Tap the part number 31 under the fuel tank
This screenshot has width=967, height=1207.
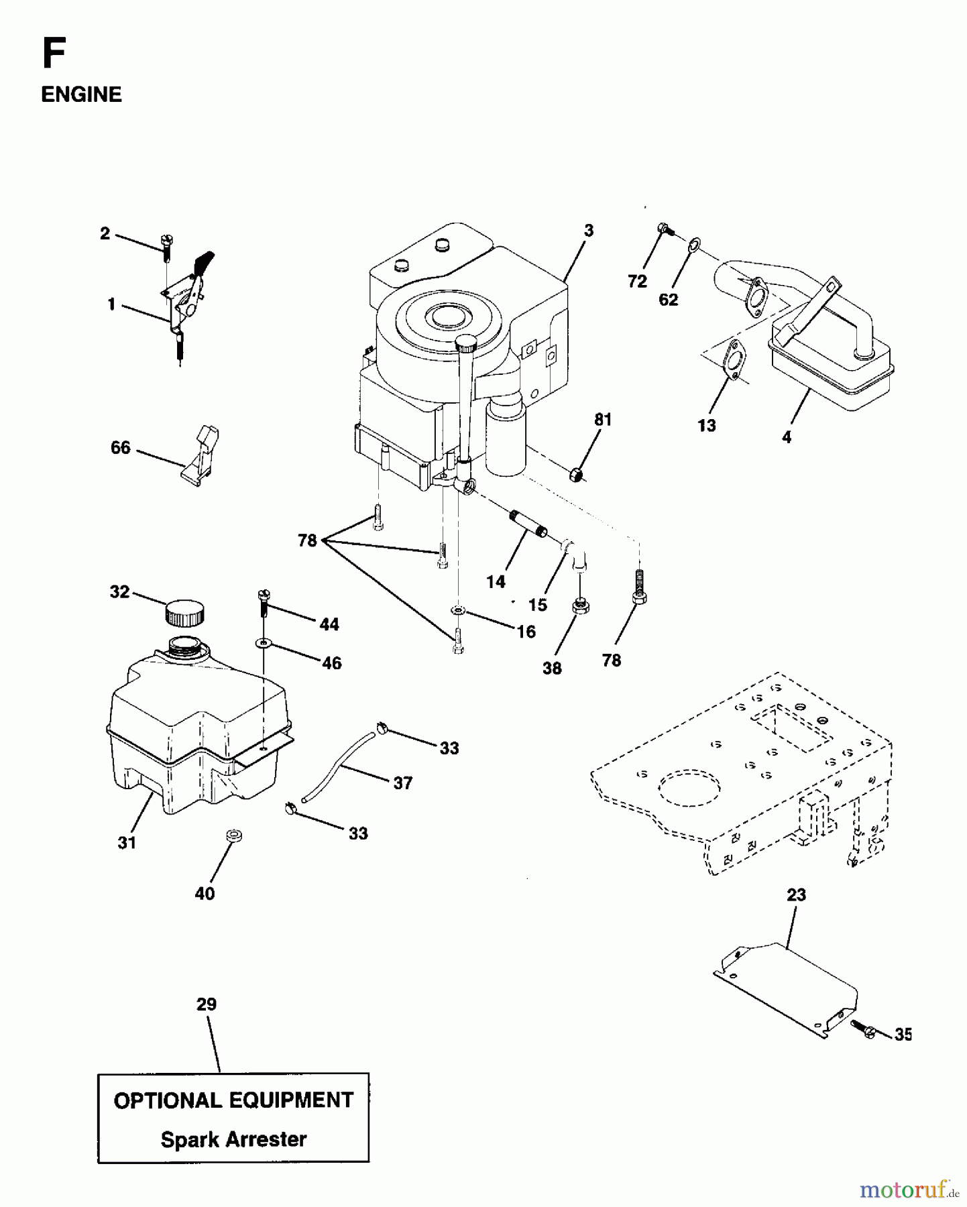coord(127,843)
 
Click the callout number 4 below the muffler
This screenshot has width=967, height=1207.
coord(787,438)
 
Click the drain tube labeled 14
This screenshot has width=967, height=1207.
coord(529,524)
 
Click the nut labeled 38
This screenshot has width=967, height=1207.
coord(579,608)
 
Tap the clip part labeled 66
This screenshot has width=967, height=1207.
coord(201,456)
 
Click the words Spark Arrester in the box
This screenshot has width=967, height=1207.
coord(233,1139)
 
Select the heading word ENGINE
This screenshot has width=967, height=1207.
coord(81,95)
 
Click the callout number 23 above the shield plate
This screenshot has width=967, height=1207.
coord(796,895)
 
